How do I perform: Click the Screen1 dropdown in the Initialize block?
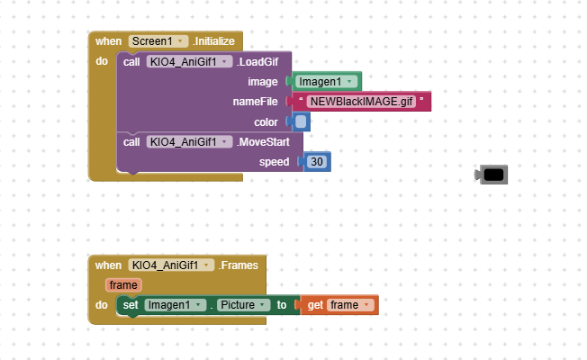tap(158, 41)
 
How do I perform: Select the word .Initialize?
tap(213, 41)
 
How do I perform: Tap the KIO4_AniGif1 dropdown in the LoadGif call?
tap(189, 62)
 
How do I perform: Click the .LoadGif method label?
tap(259, 62)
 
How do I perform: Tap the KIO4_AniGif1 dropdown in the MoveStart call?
tap(189, 141)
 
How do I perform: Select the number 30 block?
tap(317, 162)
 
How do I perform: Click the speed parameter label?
tap(275, 162)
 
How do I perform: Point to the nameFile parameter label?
tap(257, 102)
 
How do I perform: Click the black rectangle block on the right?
tap(493, 175)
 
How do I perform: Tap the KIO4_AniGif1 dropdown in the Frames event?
tap(171, 265)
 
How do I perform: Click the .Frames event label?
tap(239, 265)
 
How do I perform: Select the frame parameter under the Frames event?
tap(123, 285)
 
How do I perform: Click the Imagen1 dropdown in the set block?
tap(175, 305)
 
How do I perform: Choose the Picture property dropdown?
tap(243, 305)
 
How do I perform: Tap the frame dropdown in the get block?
tap(350, 305)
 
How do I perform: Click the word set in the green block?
tap(131, 305)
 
